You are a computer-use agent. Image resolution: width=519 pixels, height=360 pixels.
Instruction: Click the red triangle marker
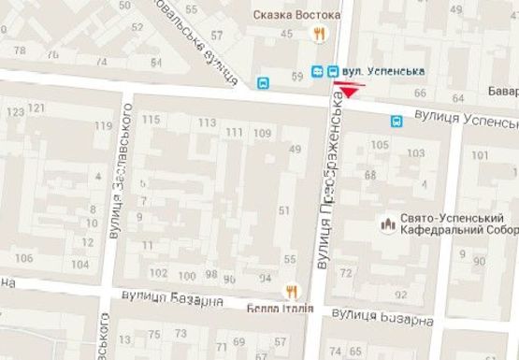[x=350, y=91]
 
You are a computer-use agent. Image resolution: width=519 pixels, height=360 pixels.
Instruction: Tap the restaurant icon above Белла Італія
[x=291, y=291]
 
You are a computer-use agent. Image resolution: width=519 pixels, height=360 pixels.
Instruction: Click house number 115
[x=151, y=119]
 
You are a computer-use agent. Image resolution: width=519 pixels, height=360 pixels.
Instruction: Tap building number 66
[x=420, y=94]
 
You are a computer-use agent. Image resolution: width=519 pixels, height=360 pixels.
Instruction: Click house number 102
[x=158, y=273]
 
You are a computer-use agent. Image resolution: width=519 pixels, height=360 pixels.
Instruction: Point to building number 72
[x=347, y=272]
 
